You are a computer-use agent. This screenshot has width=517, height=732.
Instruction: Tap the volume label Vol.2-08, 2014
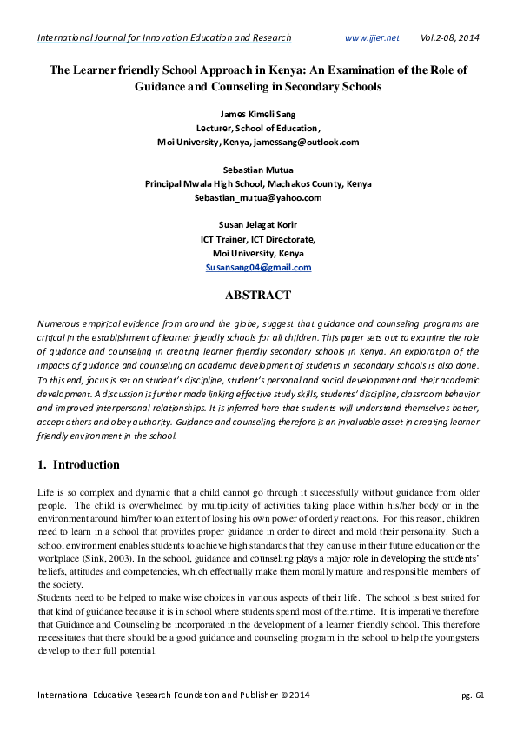pos(449,38)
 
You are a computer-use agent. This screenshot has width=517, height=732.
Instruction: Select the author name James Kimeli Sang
pos(257,113)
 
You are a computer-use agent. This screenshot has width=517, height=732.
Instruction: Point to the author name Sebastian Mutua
pos(257,170)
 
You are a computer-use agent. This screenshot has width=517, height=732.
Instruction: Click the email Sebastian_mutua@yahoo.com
pos(257,197)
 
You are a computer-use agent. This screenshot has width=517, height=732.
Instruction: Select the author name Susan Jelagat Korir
pos(257,225)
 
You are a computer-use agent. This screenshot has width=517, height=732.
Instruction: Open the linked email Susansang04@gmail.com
pos(257,268)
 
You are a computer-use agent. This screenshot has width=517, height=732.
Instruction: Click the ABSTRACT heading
pos(257,296)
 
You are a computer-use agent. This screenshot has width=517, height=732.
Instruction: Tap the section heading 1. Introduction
pos(77,464)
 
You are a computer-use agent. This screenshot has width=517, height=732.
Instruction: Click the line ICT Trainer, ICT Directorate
pos(257,239)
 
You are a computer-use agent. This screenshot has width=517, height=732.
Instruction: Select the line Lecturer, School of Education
pos(257,127)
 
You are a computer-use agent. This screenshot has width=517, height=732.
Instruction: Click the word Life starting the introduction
pos(45,492)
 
